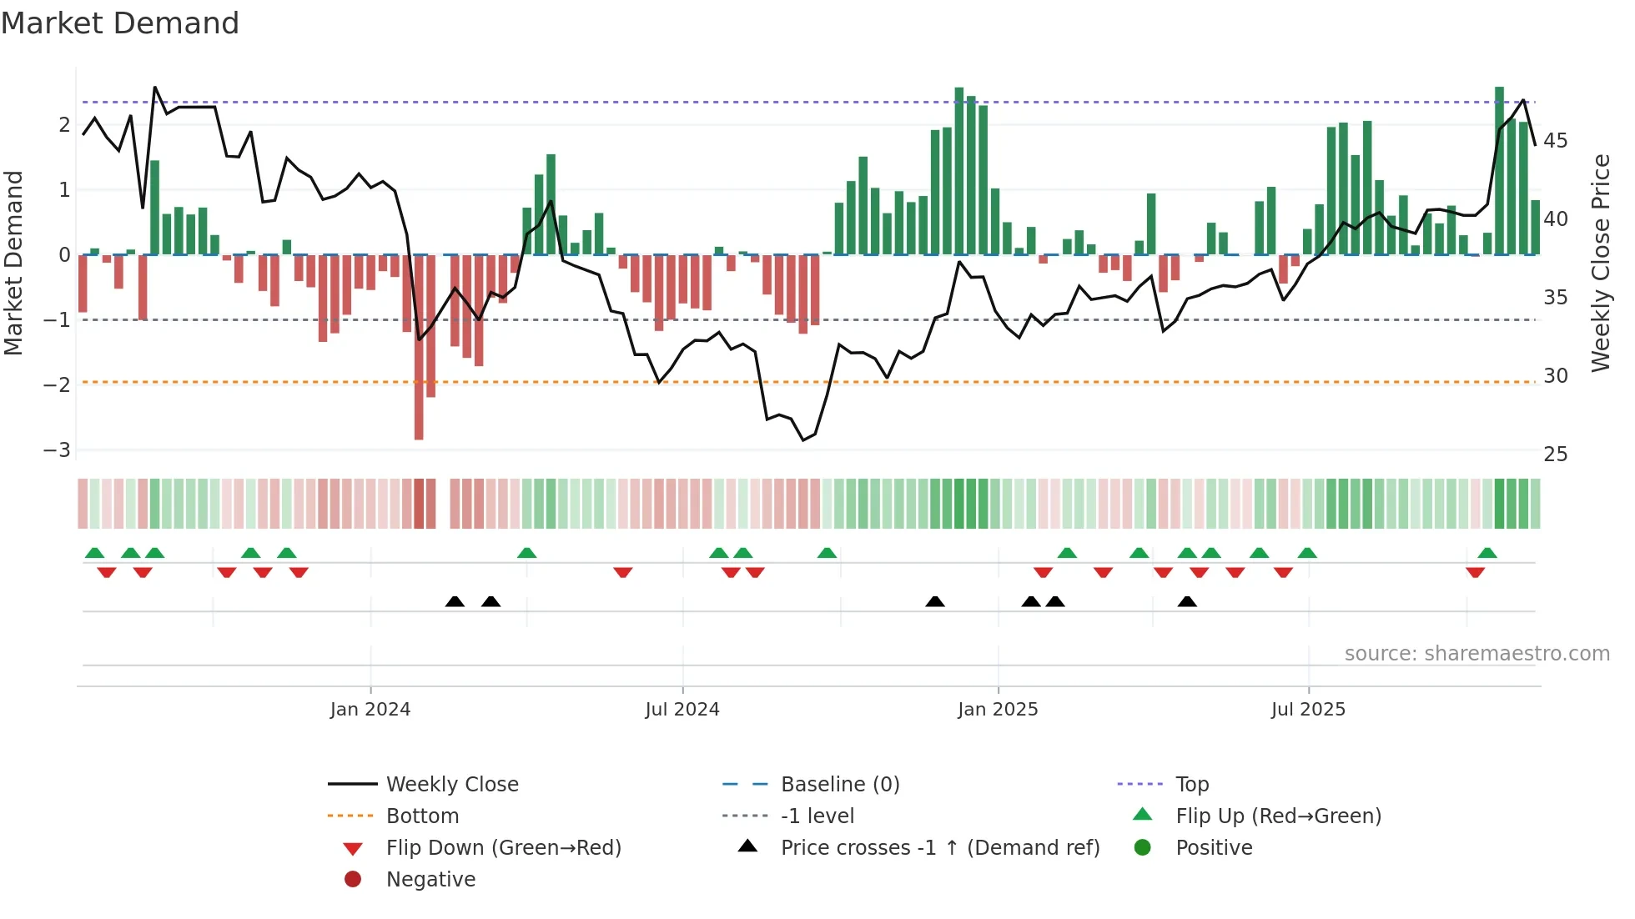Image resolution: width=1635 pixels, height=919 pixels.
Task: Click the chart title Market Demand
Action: (120, 23)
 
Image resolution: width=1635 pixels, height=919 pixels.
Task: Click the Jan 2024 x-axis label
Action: (370, 710)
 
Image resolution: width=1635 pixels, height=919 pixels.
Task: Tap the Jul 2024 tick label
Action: (682, 710)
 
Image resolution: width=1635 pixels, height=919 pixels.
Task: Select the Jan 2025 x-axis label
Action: (998, 710)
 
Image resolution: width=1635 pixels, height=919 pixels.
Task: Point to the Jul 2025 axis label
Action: (1308, 710)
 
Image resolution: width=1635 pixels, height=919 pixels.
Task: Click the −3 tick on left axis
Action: (57, 450)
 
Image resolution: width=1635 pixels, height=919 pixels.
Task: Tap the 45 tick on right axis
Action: (1555, 141)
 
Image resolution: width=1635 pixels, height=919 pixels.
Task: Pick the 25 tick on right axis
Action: (1555, 454)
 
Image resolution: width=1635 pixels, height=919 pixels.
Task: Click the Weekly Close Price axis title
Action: (1600, 263)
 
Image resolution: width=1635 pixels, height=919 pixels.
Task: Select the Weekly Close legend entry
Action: (451, 785)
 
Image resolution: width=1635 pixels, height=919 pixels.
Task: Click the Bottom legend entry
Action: (422, 816)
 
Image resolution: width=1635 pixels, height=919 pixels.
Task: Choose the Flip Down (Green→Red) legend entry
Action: (503, 848)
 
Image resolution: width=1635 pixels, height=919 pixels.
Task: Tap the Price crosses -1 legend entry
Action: (939, 848)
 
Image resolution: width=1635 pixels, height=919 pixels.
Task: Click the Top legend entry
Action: (1191, 785)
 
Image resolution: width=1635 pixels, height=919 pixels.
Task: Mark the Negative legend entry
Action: (430, 880)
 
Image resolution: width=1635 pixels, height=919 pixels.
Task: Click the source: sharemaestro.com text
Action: (1477, 654)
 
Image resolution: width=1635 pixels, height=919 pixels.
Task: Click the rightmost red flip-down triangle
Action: (1475, 572)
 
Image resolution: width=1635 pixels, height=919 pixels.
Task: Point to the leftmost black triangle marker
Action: (455, 601)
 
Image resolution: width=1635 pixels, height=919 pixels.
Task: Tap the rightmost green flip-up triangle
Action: (1487, 553)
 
